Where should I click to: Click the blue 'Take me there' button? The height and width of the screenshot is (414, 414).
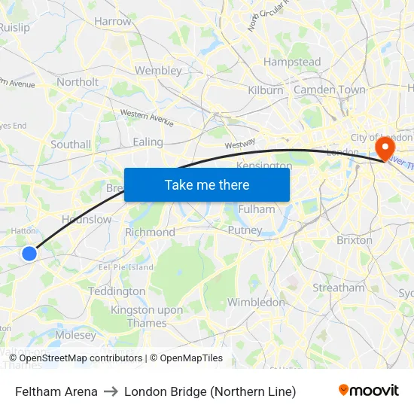click(207, 184)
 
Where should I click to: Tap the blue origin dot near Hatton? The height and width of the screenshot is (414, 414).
click(29, 254)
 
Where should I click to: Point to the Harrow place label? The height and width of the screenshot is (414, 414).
click(113, 22)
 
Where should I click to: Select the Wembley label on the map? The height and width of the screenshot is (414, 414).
click(158, 71)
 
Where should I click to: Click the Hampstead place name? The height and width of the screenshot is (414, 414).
click(292, 62)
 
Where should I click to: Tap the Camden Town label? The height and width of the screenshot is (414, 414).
click(329, 90)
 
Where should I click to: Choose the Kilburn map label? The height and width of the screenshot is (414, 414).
click(266, 90)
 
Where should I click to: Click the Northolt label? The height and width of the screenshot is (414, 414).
click(78, 82)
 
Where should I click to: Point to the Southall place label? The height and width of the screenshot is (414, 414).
click(71, 145)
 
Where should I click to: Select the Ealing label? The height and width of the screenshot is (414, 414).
click(148, 142)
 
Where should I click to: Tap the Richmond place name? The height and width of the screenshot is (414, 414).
click(150, 233)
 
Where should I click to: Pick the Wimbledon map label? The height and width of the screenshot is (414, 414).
click(256, 303)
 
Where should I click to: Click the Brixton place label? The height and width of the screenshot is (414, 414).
click(355, 240)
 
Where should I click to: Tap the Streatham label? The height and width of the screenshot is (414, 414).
click(338, 288)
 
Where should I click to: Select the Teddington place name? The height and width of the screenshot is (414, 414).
click(117, 291)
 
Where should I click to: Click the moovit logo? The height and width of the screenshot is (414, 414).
click(369, 391)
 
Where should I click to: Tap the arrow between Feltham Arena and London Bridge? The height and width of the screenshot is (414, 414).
click(111, 391)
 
